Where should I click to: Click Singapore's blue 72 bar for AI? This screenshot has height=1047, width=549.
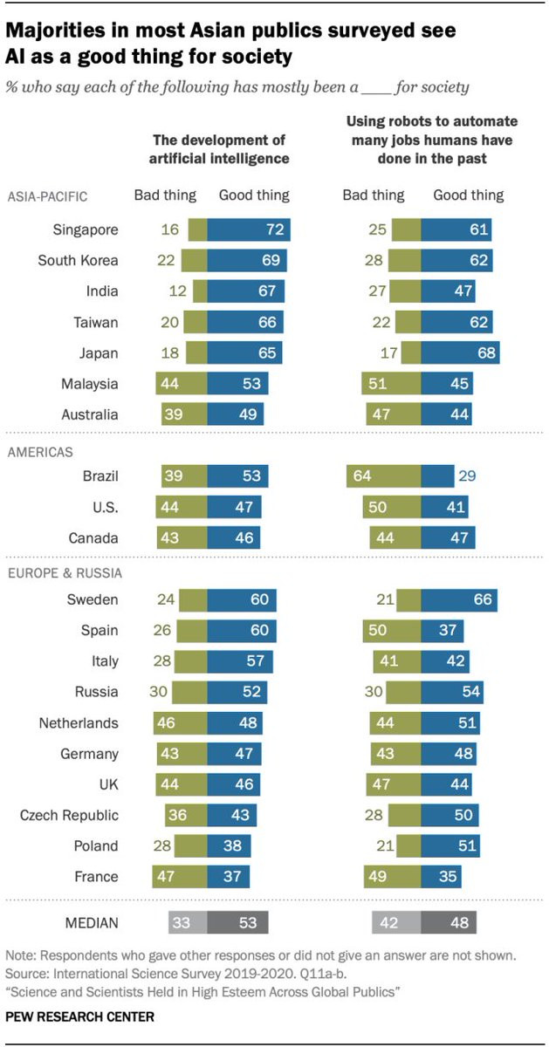(x=249, y=229)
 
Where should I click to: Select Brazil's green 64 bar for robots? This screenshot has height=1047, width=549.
(x=383, y=476)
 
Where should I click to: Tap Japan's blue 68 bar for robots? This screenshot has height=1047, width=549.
(x=460, y=352)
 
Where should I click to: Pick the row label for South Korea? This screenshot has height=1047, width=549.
(x=79, y=260)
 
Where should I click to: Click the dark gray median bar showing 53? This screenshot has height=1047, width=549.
(x=238, y=922)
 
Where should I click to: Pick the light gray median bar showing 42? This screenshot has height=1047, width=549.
(x=396, y=922)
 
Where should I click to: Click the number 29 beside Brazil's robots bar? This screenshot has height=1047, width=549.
(x=467, y=476)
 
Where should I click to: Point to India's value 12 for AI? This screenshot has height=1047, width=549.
(x=175, y=291)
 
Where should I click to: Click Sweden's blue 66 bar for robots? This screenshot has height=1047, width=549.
(x=459, y=599)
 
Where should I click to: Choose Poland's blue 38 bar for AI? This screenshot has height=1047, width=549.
(x=230, y=845)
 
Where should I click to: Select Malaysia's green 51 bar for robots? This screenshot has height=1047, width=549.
(x=391, y=384)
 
